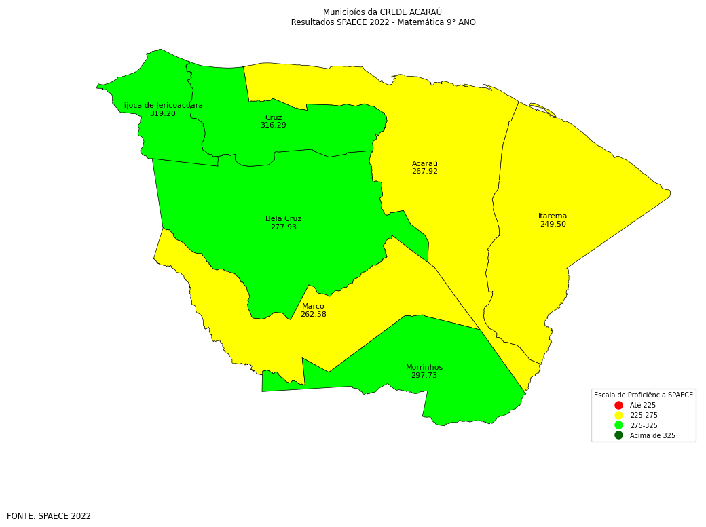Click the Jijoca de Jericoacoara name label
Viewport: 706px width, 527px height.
163,106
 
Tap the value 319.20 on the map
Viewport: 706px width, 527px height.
163,114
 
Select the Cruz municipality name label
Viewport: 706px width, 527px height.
274,118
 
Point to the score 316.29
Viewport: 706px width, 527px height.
274,125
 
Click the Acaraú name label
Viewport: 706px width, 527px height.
425,164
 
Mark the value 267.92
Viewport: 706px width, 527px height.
425,172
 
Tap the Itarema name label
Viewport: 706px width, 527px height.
553,216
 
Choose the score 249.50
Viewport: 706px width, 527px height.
553,225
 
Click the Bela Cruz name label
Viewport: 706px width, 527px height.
284,219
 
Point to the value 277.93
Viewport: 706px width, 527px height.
284,227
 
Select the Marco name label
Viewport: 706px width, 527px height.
313,307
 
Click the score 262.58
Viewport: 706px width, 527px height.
313,315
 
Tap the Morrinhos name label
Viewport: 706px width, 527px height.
424,368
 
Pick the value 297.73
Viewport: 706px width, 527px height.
424,376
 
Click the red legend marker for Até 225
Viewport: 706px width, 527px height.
618,405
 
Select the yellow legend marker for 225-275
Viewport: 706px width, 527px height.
618,415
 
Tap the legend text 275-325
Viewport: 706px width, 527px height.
644,426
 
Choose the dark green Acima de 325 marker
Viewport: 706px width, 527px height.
618,435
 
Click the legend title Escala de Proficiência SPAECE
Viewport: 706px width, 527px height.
644,395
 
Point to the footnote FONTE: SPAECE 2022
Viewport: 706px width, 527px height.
49,516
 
